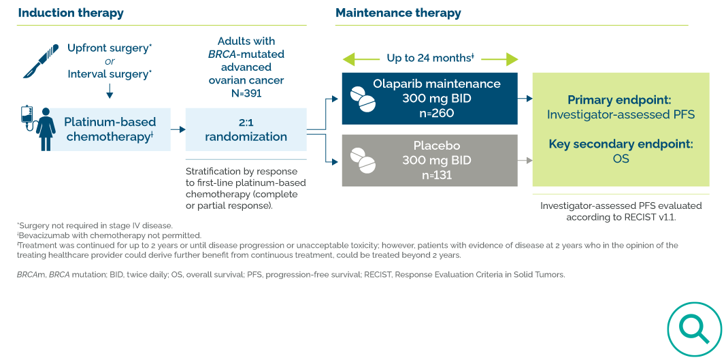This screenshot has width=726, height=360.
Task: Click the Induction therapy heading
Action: pos(71,13)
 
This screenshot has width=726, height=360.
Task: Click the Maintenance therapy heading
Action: pos(398,13)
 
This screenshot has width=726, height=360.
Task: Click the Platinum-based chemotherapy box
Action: pos(110,129)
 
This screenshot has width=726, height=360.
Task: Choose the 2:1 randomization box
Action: pos(246,129)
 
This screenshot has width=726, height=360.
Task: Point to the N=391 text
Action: pos(246,93)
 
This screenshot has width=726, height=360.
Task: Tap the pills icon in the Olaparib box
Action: pos(362,99)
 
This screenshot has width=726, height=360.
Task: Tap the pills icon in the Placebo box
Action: pos(362,161)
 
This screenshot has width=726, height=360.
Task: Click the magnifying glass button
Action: pos(693,329)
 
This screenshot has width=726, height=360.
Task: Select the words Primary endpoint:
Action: pos(621,99)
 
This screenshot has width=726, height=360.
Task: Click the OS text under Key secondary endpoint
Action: pos(621,159)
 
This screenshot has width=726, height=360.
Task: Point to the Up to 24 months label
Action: pos(430,59)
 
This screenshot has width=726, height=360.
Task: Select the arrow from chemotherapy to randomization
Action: pos(178,129)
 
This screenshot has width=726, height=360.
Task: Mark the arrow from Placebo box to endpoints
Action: pos(525,161)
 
